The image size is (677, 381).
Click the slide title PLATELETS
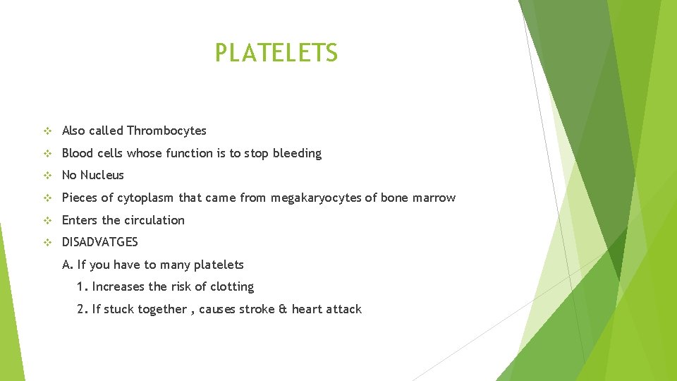click(276, 53)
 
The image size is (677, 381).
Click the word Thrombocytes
click(166, 131)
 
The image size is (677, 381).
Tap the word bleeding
click(297, 153)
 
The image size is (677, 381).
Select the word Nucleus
click(102, 175)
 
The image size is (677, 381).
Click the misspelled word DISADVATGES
click(100, 242)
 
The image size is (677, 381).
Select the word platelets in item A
click(217, 265)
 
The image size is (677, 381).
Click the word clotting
click(231, 286)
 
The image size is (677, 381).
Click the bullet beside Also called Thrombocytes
click(47, 131)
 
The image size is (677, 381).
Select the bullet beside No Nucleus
click(47, 175)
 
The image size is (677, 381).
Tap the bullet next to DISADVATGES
click(47, 242)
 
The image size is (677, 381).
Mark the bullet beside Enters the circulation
click(47, 220)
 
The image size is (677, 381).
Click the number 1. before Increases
click(82, 286)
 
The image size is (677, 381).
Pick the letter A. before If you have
click(68, 265)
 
